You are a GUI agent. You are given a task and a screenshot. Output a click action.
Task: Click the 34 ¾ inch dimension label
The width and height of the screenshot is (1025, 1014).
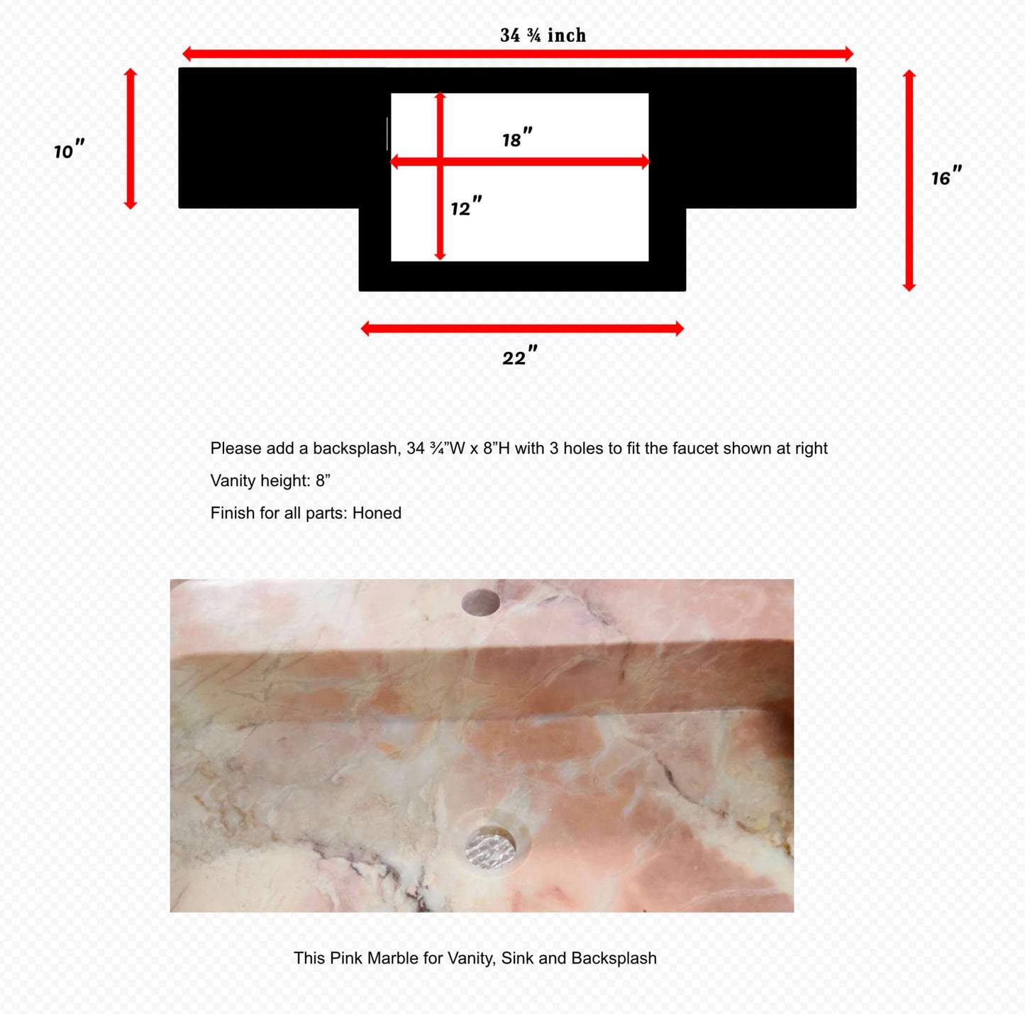tap(543, 35)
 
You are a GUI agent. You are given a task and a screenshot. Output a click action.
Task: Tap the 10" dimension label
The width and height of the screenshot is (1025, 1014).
tap(69, 150)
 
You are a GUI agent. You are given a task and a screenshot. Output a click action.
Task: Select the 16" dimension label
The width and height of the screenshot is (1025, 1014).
tap(946, 177)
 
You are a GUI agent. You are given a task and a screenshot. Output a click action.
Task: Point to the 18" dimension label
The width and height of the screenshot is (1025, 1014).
tap(516, 138)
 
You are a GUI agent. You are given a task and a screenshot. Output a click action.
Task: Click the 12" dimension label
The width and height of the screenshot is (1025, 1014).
tap(466, 207)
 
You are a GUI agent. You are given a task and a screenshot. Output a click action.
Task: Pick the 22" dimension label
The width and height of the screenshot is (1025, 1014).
tap(519, 356)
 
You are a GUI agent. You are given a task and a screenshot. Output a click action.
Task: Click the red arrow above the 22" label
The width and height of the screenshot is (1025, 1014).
tap(522, 328)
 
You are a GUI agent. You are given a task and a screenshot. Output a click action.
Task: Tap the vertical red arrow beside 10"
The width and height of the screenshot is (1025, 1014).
tap(131, 139)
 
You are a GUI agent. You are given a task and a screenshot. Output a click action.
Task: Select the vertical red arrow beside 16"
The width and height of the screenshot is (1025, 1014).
tap(909, 180)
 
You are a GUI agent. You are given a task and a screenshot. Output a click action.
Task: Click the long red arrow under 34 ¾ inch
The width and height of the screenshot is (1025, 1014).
tap(518, 54)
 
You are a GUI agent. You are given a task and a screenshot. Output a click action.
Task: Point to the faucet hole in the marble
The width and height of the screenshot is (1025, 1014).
tap(480, 602)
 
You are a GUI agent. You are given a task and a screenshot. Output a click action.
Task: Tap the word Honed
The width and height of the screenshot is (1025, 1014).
tap(377, 513)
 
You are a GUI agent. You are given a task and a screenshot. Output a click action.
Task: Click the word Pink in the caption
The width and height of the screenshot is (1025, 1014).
tap(346, 958)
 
